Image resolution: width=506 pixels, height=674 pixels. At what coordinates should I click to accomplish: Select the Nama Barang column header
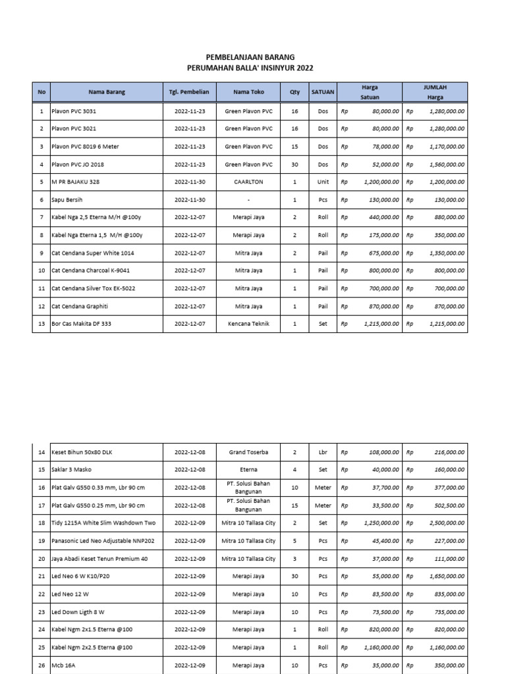coord(107,92)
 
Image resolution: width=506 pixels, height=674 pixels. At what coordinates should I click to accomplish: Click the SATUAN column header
coord(323,92)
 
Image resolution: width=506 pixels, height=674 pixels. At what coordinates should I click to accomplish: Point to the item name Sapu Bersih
coord(67,199)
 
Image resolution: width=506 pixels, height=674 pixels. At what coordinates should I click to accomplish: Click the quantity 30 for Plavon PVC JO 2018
coord(295,164)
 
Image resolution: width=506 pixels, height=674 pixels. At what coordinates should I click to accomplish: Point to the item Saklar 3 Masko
coord(72,470)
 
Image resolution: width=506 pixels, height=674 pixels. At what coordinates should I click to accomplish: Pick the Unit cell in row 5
coord(323,182)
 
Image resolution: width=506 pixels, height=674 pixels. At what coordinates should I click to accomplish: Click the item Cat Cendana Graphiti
coord(80,306)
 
